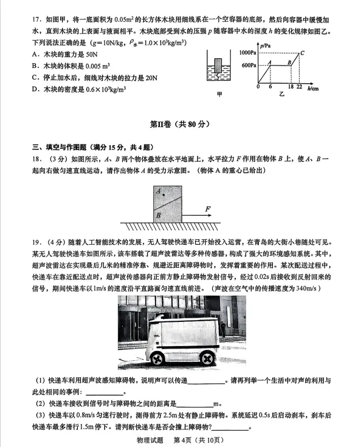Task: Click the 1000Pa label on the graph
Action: click(248, 52)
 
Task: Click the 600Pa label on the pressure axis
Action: click(249, 65)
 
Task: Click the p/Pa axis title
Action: click(264, 46)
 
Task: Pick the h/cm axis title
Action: click(314, 87)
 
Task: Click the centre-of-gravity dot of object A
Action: click(160, 193)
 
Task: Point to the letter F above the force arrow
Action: click(208, 210)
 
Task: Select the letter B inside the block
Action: click(159, 214)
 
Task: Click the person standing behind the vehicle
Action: click(223, 330)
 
